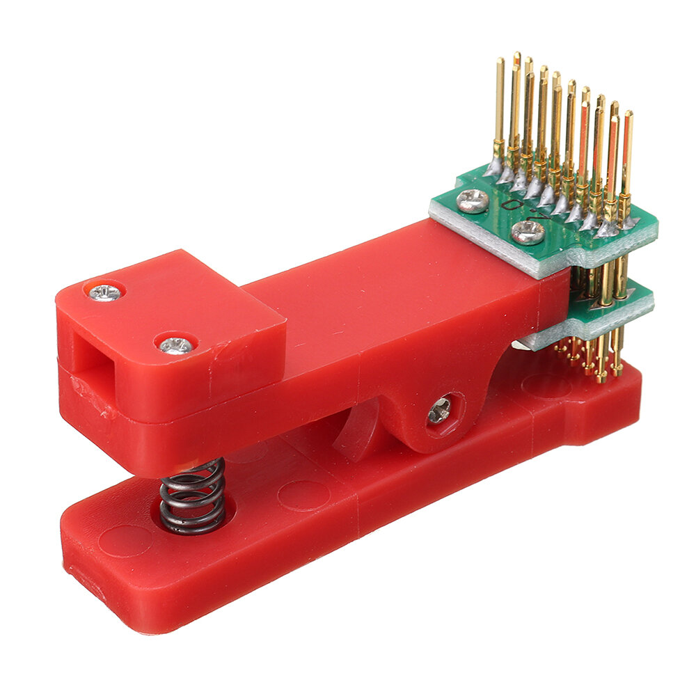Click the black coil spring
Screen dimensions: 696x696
coord(192,496)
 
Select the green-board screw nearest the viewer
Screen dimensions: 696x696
coord(528,232)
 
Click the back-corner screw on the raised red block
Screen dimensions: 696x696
coord(106,292)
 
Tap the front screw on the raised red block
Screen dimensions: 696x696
coord(175,343)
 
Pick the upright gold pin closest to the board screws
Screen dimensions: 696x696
coord(498,111)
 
